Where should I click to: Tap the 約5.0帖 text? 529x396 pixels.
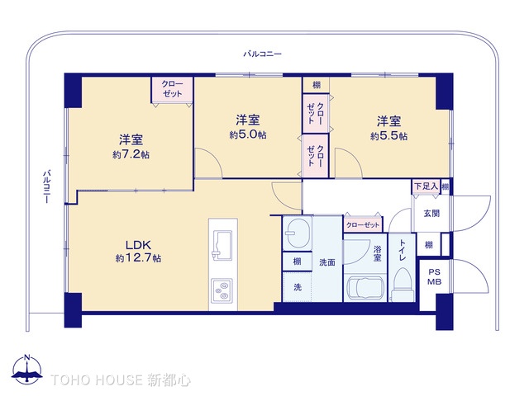[248, 134]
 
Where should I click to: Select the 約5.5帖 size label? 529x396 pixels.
[388, 136]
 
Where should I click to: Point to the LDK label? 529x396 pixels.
[136, 244]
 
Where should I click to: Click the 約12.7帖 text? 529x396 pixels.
[138, 258]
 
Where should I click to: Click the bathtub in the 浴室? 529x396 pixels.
[365, 289]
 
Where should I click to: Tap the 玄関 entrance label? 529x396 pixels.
[431, 214]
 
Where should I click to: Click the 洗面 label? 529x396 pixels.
[326, 262]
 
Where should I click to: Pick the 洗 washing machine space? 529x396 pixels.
[297, 287]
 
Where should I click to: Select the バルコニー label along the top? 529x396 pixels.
[262, 54]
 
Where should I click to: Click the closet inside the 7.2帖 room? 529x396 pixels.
[172, 89]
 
